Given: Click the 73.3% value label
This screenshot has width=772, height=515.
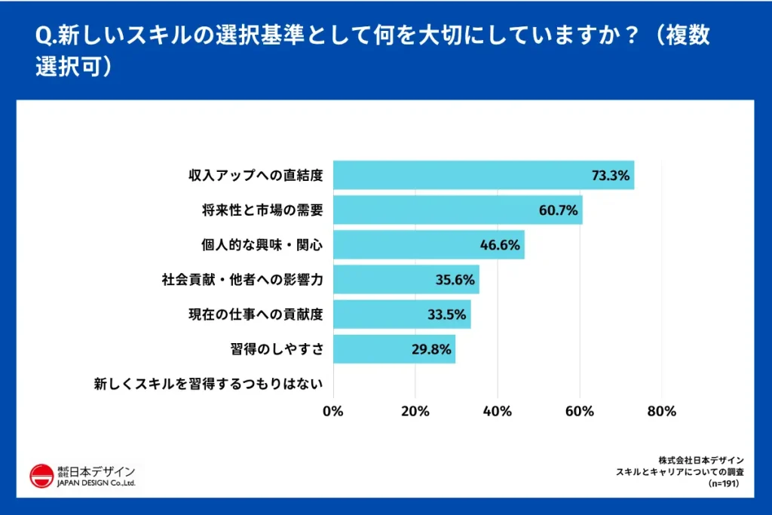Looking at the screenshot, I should coord(610,176).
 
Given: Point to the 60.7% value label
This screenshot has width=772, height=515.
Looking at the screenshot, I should coord(559,210).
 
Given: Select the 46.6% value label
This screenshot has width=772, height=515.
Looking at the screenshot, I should coord(500,245).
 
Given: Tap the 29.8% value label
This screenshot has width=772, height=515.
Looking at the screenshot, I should coord(431,349).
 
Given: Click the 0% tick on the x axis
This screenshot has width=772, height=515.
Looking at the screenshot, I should coord(333,411).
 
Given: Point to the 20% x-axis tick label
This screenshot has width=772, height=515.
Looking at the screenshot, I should coord(415,411).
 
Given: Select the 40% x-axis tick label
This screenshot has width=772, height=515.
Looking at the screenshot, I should coord(498,411).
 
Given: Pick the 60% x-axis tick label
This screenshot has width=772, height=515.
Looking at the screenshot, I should coord(580,411).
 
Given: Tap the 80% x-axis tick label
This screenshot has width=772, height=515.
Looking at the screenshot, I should coord(662,411).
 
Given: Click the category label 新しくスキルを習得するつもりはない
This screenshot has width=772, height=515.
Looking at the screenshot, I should coord(208,384).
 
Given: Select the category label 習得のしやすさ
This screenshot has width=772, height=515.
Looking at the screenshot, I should coord(277,349).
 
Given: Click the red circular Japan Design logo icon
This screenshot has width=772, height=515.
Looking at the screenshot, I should coord(41,476).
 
